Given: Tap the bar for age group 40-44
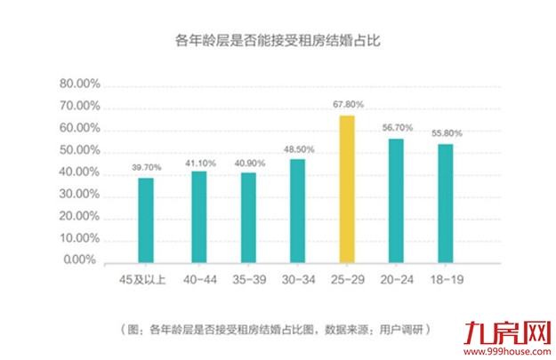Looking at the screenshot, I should pyautogui.click(x=198, y=217).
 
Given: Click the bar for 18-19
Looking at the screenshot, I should pyautogui.click(x=446, y=204).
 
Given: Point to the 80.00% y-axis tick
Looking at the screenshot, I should pyautogui.click(x=78, y=85).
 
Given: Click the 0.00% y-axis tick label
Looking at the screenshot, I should pyautogui.click(x=82, y=261).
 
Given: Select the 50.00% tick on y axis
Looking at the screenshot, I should pyautogui.click(x=78, y=151).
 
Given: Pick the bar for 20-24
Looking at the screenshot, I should pyautogui.click(x=397, y=201).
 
